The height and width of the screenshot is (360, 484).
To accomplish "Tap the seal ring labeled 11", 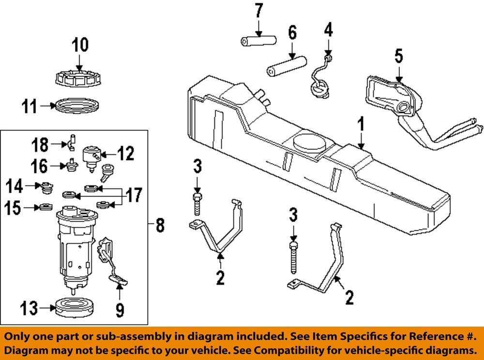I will (x=77, y=105).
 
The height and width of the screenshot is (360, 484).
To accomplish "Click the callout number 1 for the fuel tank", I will (x=360, y=125).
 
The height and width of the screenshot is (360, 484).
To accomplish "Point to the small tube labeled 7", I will (x=258, y=40).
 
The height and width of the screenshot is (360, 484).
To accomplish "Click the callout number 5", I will (x=398, y=56).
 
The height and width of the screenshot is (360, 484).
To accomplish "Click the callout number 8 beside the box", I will (x=160, y=225).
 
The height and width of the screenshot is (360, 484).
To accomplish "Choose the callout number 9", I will (x=119, y=308).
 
